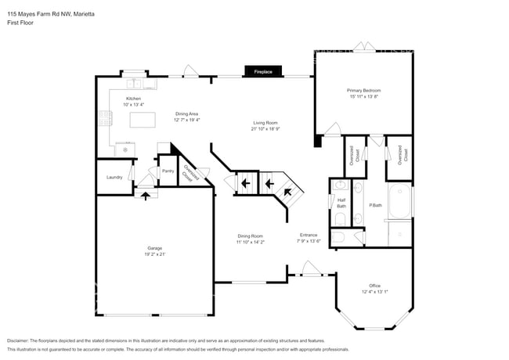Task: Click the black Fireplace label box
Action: (x=263, y=72)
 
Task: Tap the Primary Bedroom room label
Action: (x=363, y=91)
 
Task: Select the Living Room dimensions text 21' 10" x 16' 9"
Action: (x=265, y=129)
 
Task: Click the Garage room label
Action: (x=154, y=248)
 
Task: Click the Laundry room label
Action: (x=114, y=178)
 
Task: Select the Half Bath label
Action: (x=341, y=202)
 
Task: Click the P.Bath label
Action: (x=376, y=205)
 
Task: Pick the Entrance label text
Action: (x=309, y=235)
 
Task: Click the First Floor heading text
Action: (x=20, y=23)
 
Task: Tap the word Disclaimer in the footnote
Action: (x=21, y=341)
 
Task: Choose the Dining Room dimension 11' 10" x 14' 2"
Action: (x=251, y=242)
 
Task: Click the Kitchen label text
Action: (x=133, y=98)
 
